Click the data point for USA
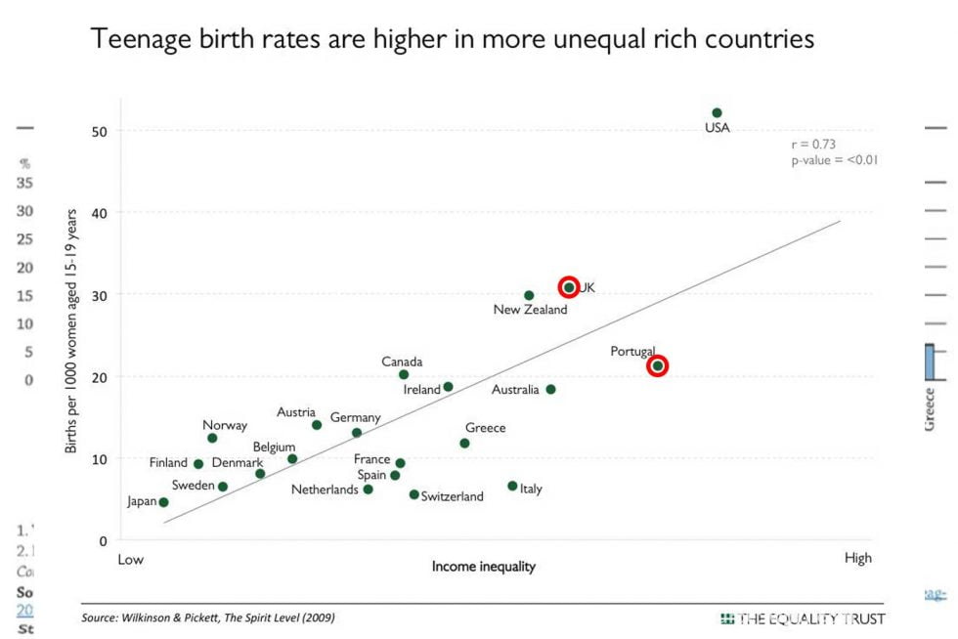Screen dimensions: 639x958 (717, 113)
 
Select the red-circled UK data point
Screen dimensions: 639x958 (569, 287)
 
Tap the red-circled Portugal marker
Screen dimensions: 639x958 (658, 366)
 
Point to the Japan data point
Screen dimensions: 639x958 (163, 502)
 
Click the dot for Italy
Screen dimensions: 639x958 (512, 486)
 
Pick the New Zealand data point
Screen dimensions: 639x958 (529, 295)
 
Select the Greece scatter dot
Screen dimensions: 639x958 (464, 444)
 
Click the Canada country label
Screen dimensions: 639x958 (402, 362)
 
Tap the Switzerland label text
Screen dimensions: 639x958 (452, 496)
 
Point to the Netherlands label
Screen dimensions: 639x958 (325, 490)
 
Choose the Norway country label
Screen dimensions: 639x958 (225, 425)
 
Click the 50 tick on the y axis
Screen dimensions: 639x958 (100, 131)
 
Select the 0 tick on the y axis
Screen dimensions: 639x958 (103, 540)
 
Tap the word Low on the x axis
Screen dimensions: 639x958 (131, 559)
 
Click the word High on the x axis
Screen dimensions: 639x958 (857, 558)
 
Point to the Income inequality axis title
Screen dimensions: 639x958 (484, 566)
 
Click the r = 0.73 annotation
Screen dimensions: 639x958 (813, 144)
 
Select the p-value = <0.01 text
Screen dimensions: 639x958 (834, 159)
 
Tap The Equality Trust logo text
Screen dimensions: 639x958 (810, 618)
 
